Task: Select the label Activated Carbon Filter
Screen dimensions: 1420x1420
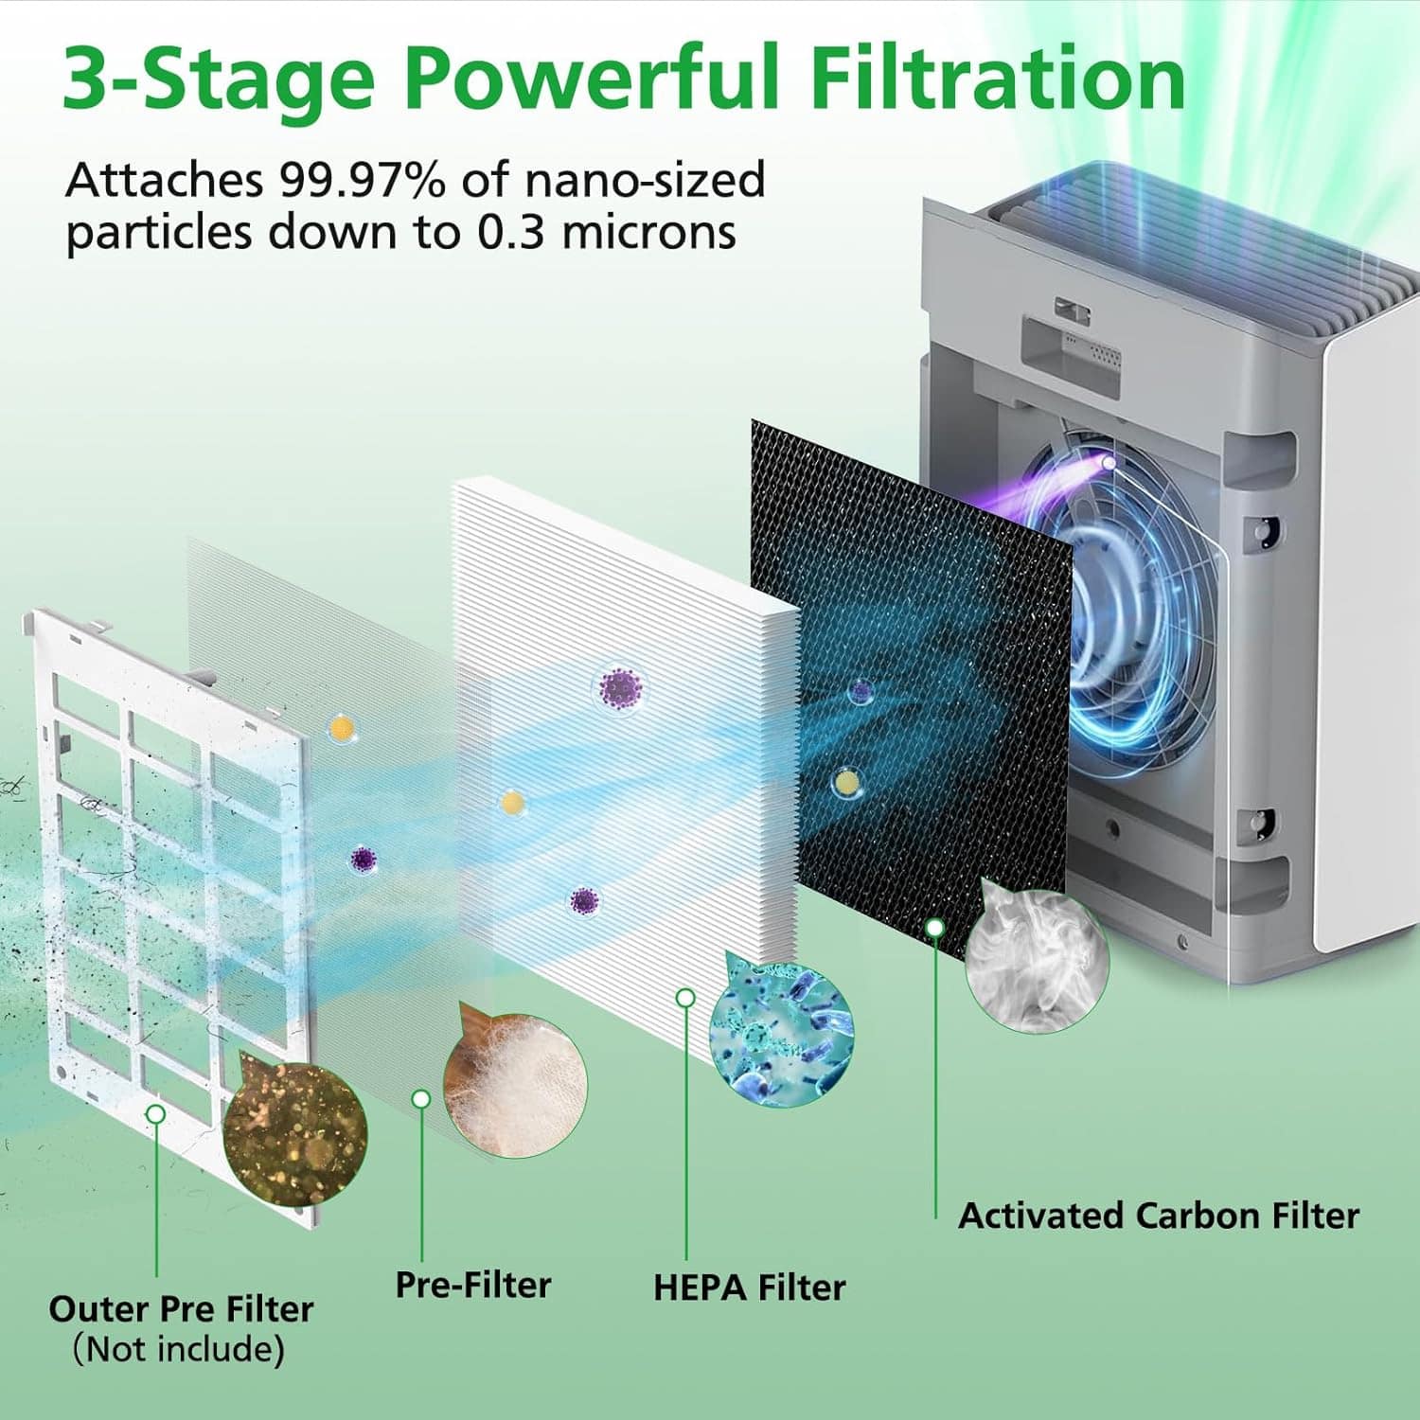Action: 1158,1216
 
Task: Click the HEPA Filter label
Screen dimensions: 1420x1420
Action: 749,1287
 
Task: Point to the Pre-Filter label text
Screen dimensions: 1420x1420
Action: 472,1285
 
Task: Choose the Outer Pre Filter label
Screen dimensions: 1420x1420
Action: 181,1309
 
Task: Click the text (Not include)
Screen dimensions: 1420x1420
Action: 179,1349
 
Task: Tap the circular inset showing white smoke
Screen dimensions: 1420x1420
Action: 1037,962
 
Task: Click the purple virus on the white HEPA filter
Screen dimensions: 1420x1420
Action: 621,688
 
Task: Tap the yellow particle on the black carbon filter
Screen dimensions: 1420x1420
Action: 846,782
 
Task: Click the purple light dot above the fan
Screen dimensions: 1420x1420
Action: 1108,463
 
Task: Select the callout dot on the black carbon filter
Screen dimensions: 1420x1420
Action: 934,928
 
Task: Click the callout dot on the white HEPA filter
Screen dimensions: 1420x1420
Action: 685,998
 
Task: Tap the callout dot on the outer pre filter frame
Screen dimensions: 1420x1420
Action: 156,1114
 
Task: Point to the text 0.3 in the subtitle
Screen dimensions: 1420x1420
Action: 509,233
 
